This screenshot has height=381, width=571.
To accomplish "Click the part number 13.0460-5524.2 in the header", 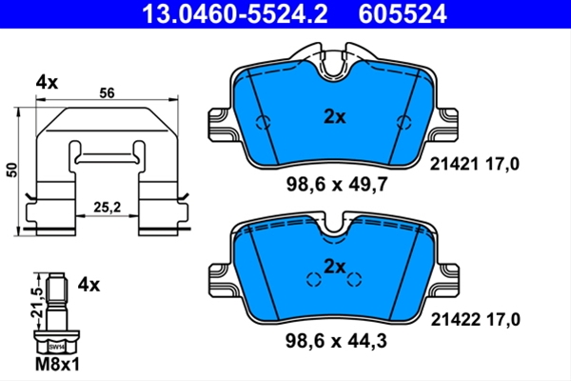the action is coord(234,14).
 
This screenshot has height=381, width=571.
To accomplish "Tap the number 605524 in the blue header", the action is coord(403,14).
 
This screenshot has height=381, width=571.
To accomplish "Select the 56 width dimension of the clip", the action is coord(107,93).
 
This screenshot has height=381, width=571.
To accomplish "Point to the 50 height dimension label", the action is coord(12,170).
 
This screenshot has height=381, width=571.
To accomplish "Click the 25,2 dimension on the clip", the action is coord(107,208).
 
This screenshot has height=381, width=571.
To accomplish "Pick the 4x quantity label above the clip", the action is coord(47,83).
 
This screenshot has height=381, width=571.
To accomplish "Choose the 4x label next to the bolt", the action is coord(89,285).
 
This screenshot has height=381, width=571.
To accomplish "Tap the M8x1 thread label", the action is coord(57,364).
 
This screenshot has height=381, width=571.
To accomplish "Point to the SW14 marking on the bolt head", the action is coord(57,348).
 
